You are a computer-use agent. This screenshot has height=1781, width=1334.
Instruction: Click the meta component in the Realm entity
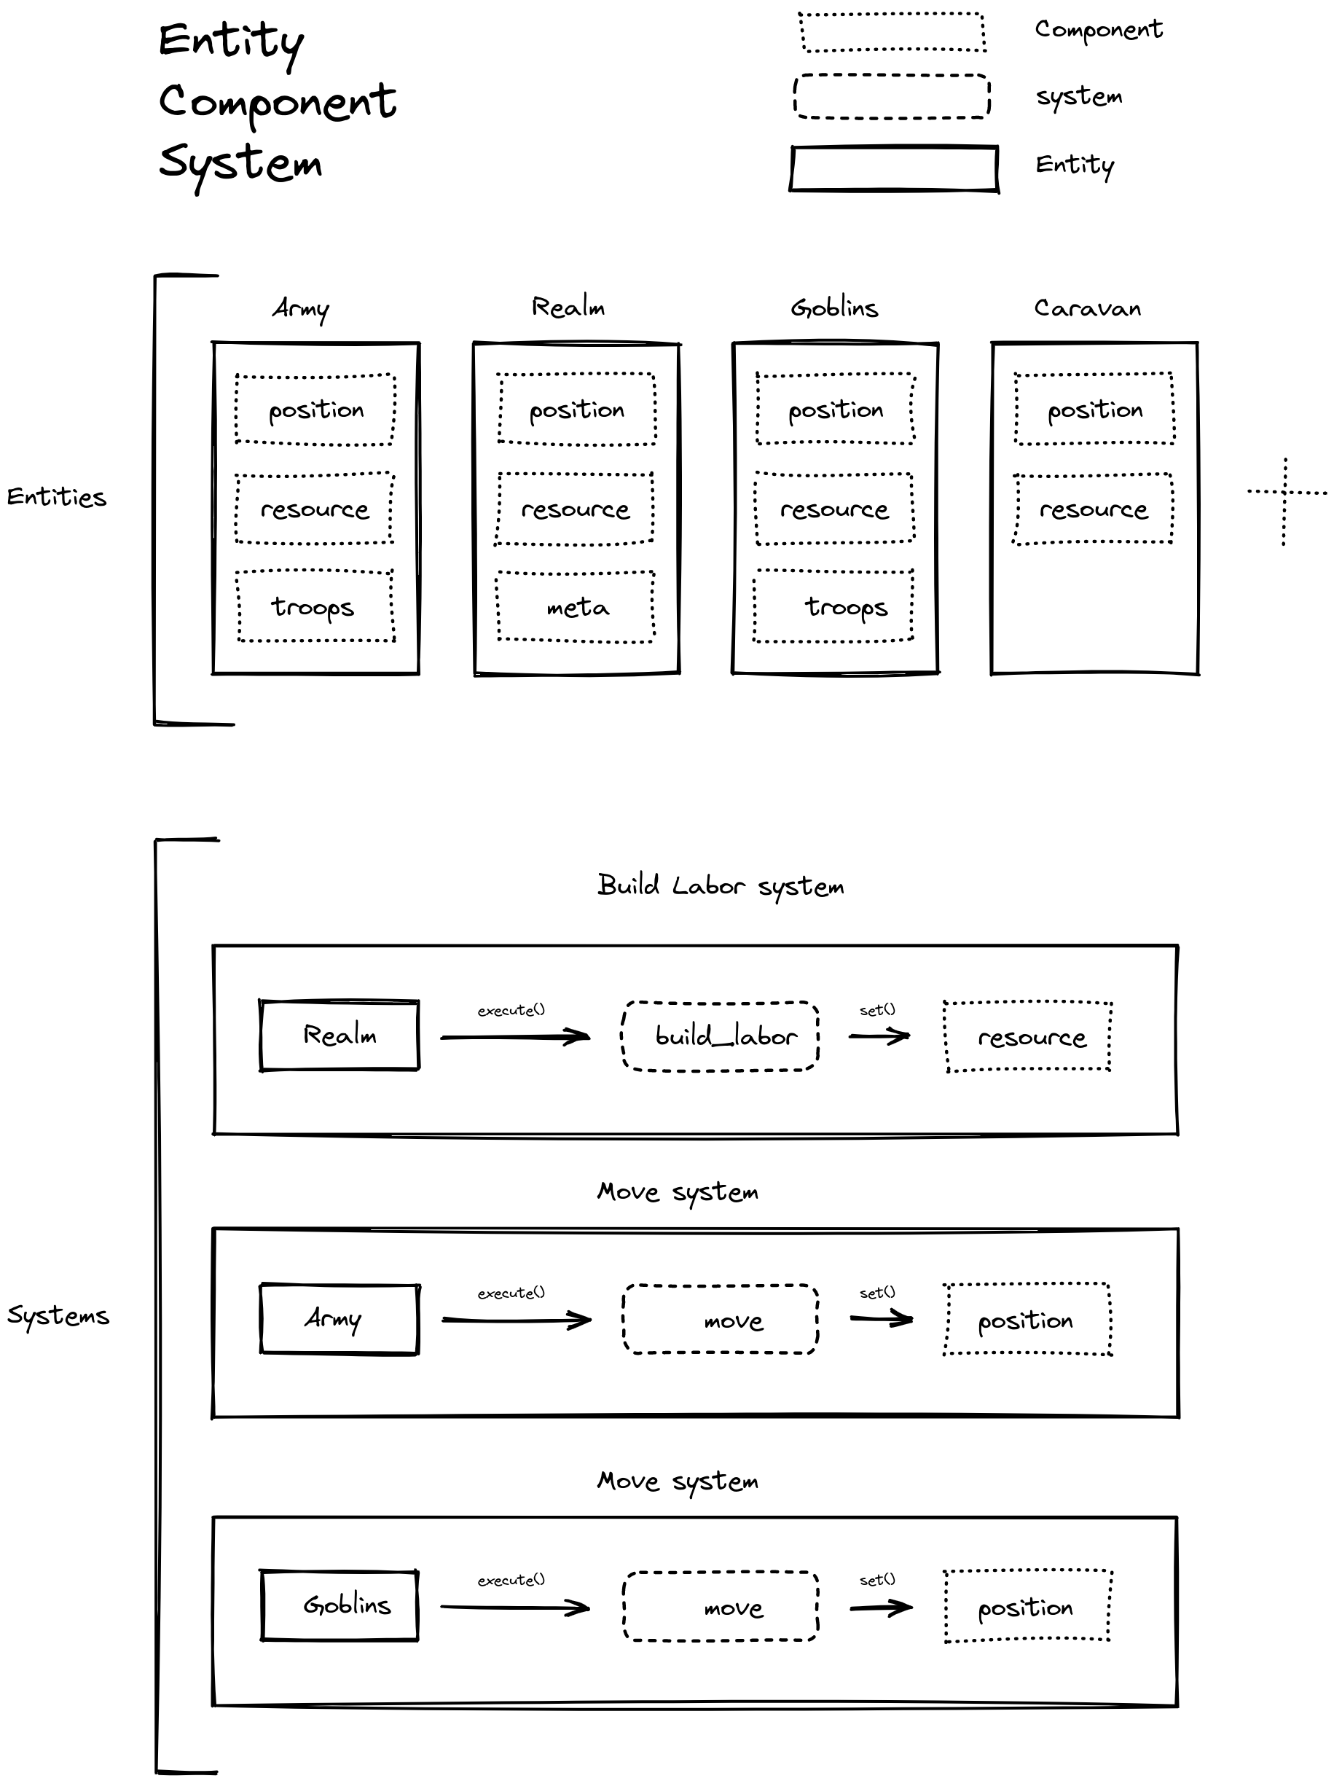576,607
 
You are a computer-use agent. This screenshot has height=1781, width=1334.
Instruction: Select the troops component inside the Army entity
315,606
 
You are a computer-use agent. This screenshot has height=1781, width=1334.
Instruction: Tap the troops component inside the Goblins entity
833,606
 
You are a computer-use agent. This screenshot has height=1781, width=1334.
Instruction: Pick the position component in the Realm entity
576,409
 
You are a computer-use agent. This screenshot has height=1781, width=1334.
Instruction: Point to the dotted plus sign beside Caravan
1285,500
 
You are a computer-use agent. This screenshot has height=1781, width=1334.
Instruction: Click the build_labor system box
721,1036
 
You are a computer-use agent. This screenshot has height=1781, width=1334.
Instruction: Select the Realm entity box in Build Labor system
339,1036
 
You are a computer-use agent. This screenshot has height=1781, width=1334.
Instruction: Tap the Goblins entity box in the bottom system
339,1605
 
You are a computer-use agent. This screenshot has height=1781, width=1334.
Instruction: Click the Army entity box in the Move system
339,1319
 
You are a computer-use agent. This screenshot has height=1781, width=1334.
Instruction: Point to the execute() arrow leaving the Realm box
515,1036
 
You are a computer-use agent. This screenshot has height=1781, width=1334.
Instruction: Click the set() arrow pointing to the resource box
879,1036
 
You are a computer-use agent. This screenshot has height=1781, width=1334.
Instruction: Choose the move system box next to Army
721,1319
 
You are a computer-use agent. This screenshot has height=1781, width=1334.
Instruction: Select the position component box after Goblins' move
1027,1606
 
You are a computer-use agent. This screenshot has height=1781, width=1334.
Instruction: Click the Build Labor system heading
721,886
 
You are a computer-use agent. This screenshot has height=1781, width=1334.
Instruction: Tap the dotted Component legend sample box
892,32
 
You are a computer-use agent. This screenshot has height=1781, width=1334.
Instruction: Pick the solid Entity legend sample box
894,168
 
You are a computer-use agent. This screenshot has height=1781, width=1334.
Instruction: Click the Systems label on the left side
58,1315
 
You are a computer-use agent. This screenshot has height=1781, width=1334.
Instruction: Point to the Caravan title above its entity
1087,308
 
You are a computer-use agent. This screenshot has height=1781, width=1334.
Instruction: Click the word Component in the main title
277,103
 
